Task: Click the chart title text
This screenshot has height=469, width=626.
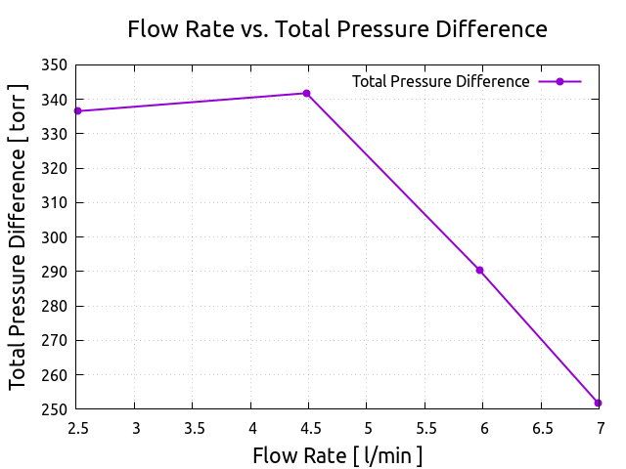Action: pyautogui.click(x=337, y=29)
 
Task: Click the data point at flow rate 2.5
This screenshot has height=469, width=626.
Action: pyautogui.click(x=77, y=111)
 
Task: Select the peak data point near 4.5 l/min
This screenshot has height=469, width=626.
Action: pyautogui.click(x=306, y=94)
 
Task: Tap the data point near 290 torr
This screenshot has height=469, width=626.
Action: pyautogui.click(x=479, y=270)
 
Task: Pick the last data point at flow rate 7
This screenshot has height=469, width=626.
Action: pyautogui.click(x=598, y=403)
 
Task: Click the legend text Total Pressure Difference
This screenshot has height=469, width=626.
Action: pyautogui.click(x=440, y=81)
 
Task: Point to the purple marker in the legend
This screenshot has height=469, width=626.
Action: pyautogui.click(x=559, y=81)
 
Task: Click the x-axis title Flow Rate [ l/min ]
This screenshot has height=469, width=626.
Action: pyautogui.click(x=337, y=455)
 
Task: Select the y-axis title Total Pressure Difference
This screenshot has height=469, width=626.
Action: pyautogui.click(x=19, y=236)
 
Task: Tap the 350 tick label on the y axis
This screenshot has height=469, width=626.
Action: pyautogui.click(x=55, y=65)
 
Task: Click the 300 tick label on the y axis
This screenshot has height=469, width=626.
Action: pyautogui.click(x=55, y=237)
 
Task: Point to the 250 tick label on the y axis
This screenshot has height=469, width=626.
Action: pyautogui.click(x=55, y=409)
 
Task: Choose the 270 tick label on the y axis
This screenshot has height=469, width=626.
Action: pyautogui.click(x=55, y=341)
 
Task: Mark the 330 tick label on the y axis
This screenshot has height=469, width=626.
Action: pyautogui.click(x=55, y=134)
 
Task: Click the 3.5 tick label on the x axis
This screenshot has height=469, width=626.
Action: pyautogui.click(x=193, y=427)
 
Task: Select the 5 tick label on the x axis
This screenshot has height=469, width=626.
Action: pyautogui.click(x=367, y=427)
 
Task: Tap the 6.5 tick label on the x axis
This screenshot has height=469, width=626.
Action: pyautogui.click(x=541, y=427)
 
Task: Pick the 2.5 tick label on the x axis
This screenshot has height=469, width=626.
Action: pyautogui.click(x=77, y=427)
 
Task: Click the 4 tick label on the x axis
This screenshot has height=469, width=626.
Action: pyautogui.click(x=251, y=427)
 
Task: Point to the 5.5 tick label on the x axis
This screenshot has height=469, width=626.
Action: pyautogui.click(x=425, y=427)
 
